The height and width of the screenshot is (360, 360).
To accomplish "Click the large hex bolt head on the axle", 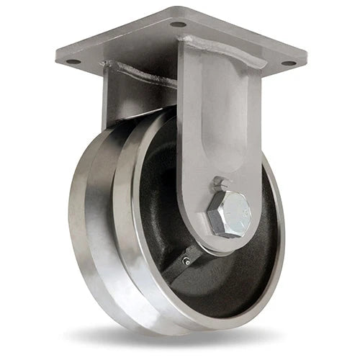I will tap(229, 214).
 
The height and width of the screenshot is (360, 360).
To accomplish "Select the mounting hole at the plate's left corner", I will tap(72, 62).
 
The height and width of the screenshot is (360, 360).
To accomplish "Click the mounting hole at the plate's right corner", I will tap(287, 63).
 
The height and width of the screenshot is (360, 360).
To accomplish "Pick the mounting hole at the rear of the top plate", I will tap(178, 24).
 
